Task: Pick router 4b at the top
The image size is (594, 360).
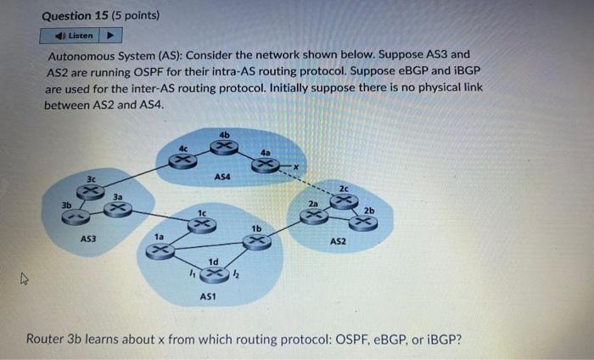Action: point(224,147)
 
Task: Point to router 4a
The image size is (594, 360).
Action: point(265,164)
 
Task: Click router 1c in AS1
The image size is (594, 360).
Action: point(201,224)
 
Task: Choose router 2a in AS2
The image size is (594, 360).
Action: point(314,217)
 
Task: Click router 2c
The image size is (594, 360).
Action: point(343,200)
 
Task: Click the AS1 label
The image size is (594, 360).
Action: point(208,296)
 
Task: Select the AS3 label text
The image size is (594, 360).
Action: point(88,239)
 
